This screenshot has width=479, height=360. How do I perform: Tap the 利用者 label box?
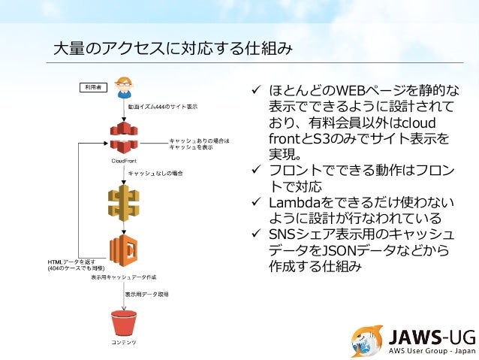click(95, 88)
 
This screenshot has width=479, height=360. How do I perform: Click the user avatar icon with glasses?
click(125, 86)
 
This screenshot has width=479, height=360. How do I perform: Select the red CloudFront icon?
click(125, 135)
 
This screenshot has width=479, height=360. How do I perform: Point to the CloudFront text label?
click(124, 160)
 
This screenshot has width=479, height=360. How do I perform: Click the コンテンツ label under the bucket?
click(125, 343)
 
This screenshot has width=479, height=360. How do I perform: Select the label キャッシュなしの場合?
click(155, 174)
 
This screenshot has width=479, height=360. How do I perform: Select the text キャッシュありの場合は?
click(199, 141)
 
